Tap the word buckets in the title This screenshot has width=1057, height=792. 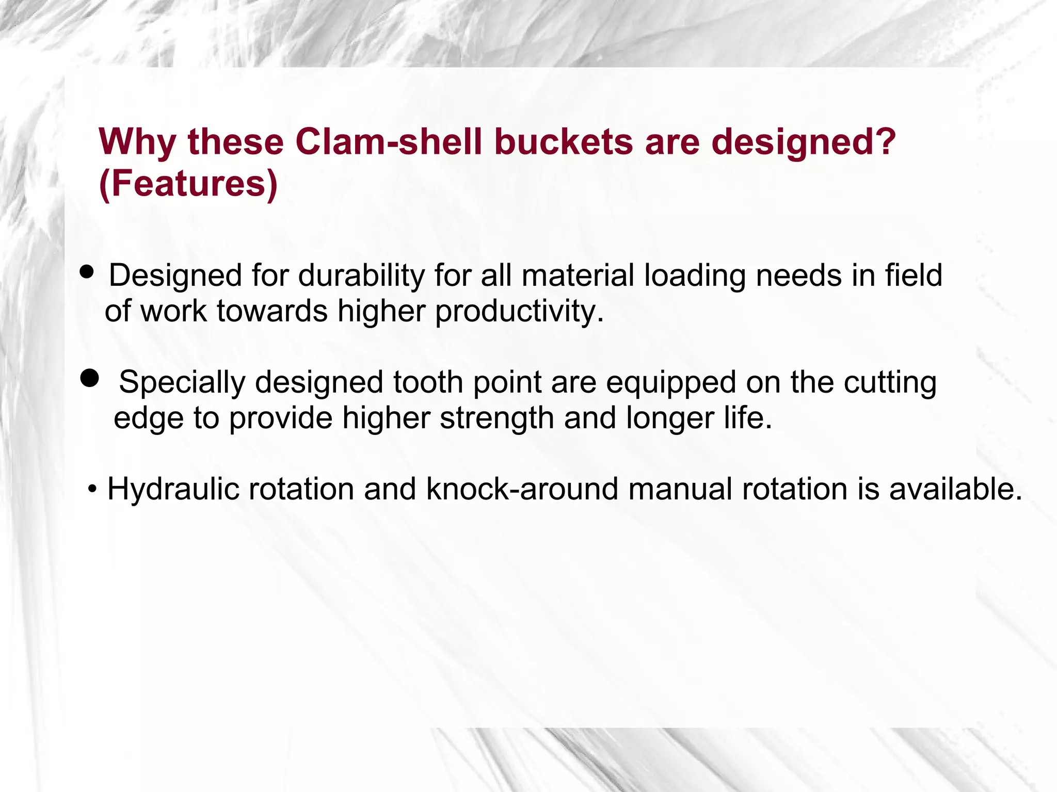coord(563,142)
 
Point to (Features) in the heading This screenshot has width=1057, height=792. coord(188,184)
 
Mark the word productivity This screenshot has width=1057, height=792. coord(519,312)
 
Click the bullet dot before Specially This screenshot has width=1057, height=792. coord(90,378)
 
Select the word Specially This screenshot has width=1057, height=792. coord(182,383)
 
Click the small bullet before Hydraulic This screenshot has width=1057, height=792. coord(92,489)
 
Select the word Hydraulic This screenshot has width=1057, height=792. coord(173,489)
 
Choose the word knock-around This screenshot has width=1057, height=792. coord(522,489)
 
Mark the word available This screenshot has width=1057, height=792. coord(955,489)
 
